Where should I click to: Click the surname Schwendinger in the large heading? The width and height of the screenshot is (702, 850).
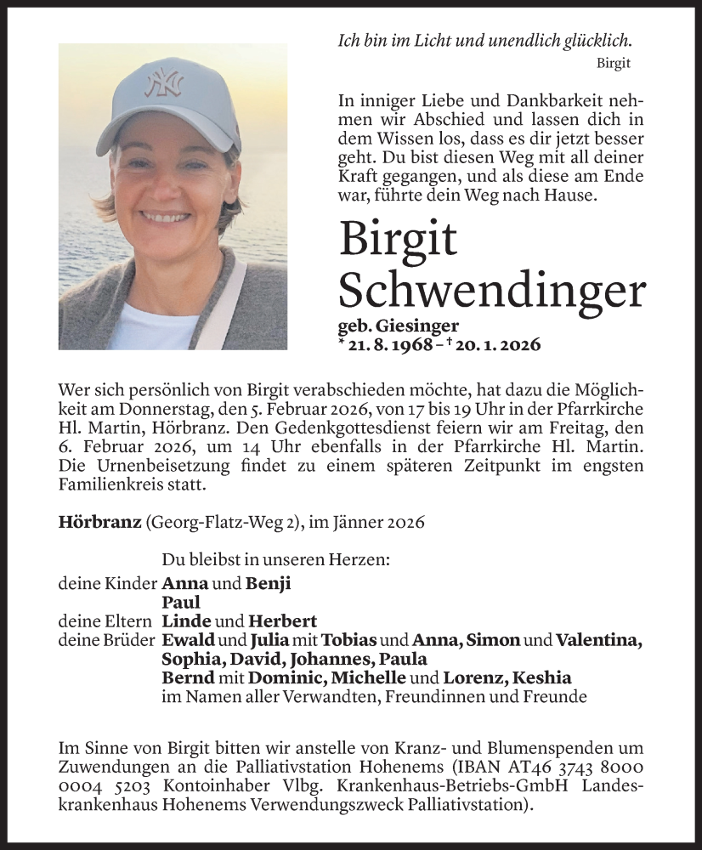click(x=491, y=290)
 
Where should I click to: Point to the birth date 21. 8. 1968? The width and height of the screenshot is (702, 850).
click(x=388, y=345)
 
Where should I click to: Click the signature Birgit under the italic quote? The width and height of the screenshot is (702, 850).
click(x=614, y=63)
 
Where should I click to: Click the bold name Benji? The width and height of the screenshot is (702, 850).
click(x=269, y=584)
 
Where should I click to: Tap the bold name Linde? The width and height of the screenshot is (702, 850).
click(x=186, y=621)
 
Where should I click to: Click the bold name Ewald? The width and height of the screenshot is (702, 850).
click(x=189, y=640)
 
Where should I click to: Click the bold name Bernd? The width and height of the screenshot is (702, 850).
click(x=187, y=677)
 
